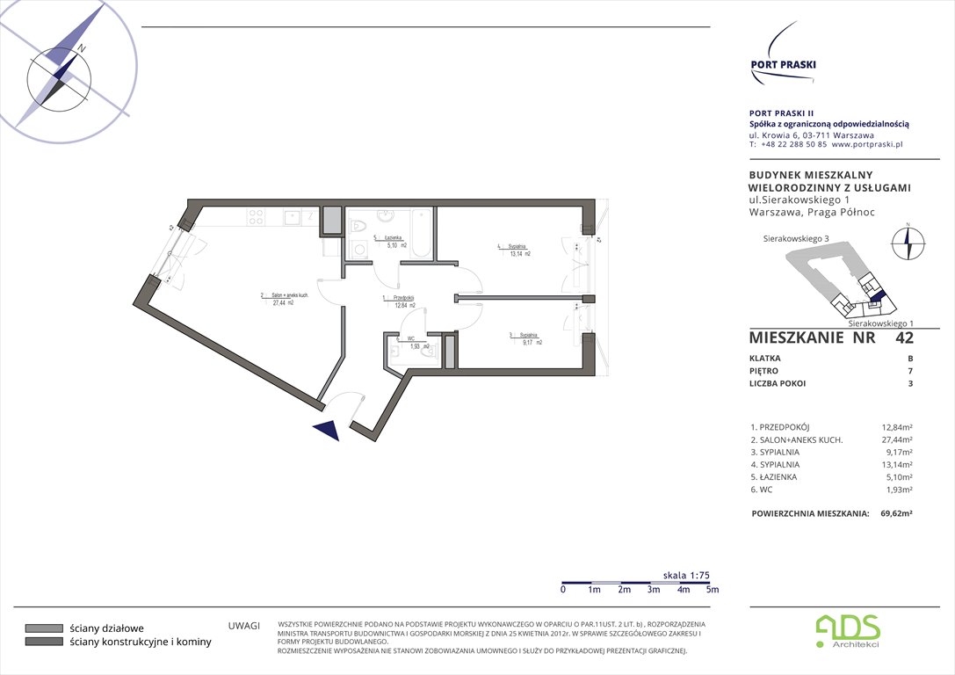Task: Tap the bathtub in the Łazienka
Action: [x=420, y=234]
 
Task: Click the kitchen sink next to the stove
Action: [x=293, y=215]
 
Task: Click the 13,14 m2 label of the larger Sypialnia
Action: [x=517, y=253]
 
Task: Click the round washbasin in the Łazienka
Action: [x=385, y=215]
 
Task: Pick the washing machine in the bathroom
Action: [x=358, y=250]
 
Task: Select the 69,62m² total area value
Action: [x=895, y=514]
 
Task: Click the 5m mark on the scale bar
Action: [x=712, y=590]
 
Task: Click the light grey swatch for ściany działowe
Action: [x=44, y=628]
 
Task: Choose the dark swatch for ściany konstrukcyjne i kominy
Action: [x=44, y=642]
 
